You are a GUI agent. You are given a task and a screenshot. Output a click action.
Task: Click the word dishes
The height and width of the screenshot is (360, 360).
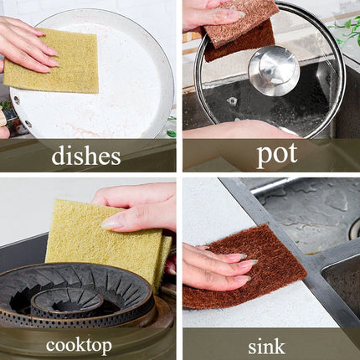click(86, 156)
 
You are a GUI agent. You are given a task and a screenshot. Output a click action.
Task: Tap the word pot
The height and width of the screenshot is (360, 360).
click(277, 155)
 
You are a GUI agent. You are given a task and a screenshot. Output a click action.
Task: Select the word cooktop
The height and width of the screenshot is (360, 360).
click(79, 345)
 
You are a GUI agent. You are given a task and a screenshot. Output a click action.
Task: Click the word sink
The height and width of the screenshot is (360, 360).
click(266, 346)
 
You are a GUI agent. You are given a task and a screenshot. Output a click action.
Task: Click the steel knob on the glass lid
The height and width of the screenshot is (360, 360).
click(274, 70)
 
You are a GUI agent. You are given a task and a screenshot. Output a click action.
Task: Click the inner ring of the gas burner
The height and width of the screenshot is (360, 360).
click(66, 303)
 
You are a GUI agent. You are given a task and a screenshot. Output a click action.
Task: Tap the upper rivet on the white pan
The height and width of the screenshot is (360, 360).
click(17, 100)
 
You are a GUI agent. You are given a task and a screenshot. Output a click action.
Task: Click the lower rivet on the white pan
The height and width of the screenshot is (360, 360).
click(28, 123)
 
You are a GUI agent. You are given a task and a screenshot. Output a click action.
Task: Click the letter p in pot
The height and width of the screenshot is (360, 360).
click(264, 157)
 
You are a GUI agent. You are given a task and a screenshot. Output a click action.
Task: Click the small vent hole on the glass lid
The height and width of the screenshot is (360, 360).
click(232, 100)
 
